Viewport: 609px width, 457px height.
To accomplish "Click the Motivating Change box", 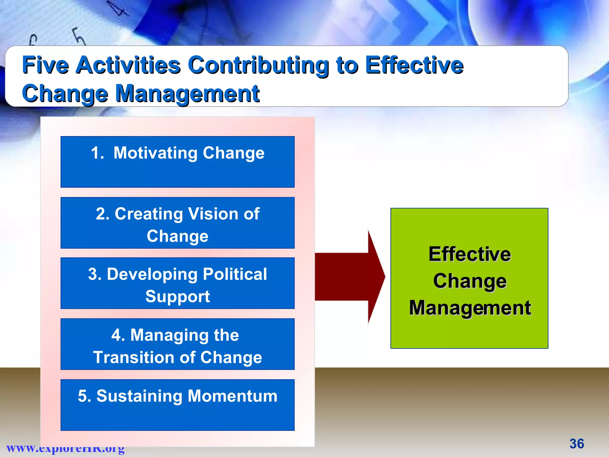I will point(178,162).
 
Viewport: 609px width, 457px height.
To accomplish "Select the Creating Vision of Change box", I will point(178,223).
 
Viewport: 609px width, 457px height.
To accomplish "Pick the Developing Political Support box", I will point(178,283).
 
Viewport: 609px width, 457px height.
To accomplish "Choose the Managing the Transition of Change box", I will point(178,344).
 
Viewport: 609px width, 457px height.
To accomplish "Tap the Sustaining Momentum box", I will point(178,405).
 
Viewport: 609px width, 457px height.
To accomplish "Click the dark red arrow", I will point(351,277).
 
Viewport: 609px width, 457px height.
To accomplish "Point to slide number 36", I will point(577,444).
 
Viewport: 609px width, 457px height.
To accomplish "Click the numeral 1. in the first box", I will point(97,153).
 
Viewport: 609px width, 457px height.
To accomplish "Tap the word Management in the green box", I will point(470,308).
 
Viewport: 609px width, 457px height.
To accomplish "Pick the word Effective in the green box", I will point(470,254).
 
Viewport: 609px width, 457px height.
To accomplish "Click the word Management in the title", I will point(187,93).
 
